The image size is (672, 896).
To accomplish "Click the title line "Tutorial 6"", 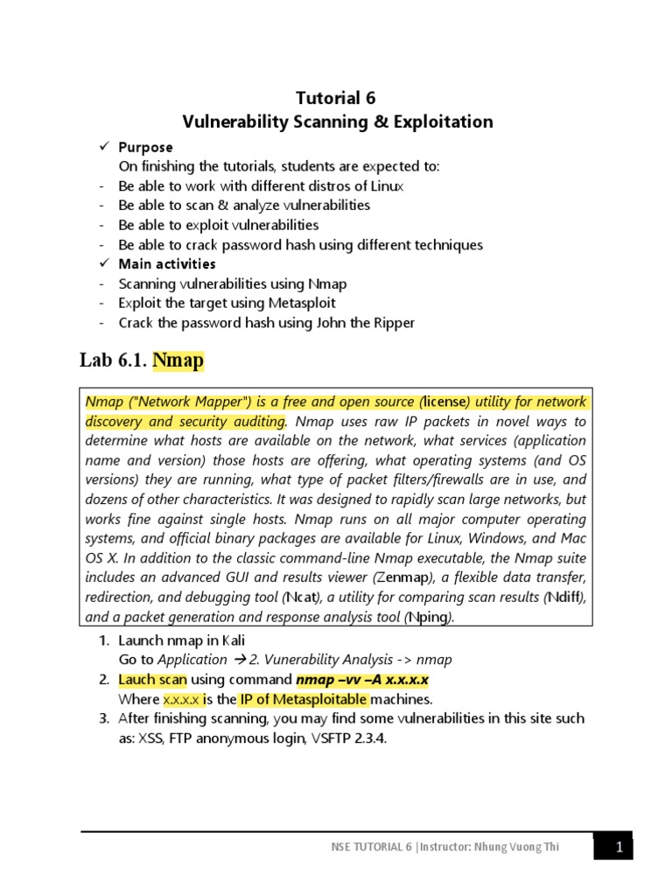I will (x=336, y=98).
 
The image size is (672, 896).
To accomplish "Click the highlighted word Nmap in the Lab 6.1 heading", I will (x=178, y=360).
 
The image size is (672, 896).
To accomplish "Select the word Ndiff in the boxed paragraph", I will (x=564, y=598).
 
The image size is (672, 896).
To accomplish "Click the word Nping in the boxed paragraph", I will (x=428, y=617).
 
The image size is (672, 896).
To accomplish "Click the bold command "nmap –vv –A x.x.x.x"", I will (x=362, y=680).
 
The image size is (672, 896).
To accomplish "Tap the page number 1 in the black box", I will (x=619, y=846).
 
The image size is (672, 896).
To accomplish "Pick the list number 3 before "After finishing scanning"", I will (x=102, y=718).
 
